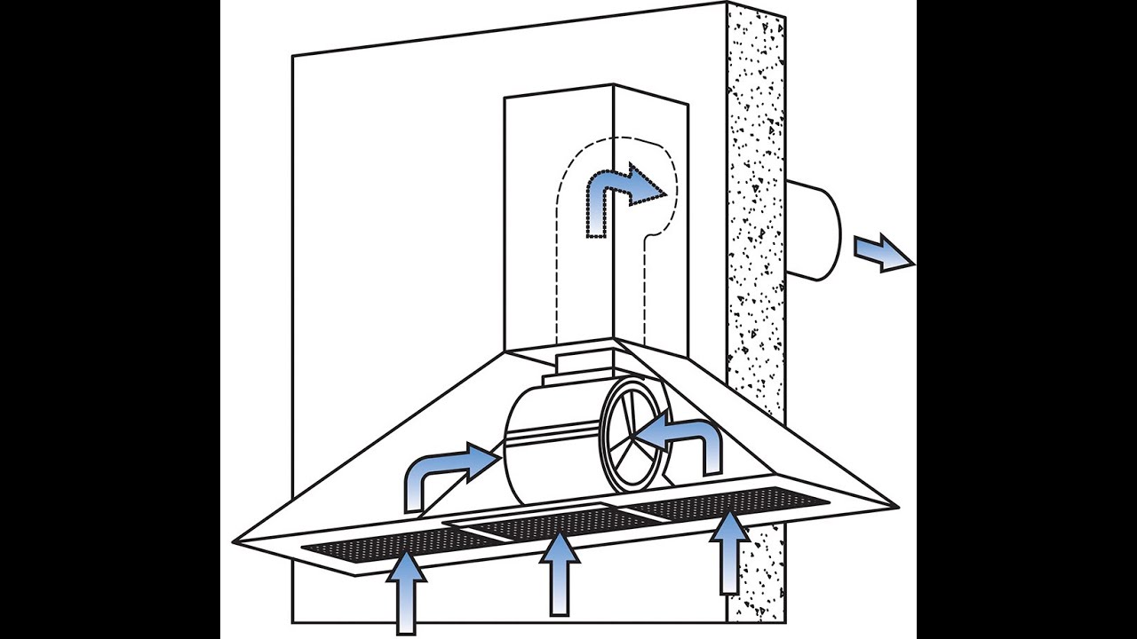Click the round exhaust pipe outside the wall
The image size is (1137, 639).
coord(813,229)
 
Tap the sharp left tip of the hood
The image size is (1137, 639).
coord(235,540)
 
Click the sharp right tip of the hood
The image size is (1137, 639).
coord(897,508)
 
